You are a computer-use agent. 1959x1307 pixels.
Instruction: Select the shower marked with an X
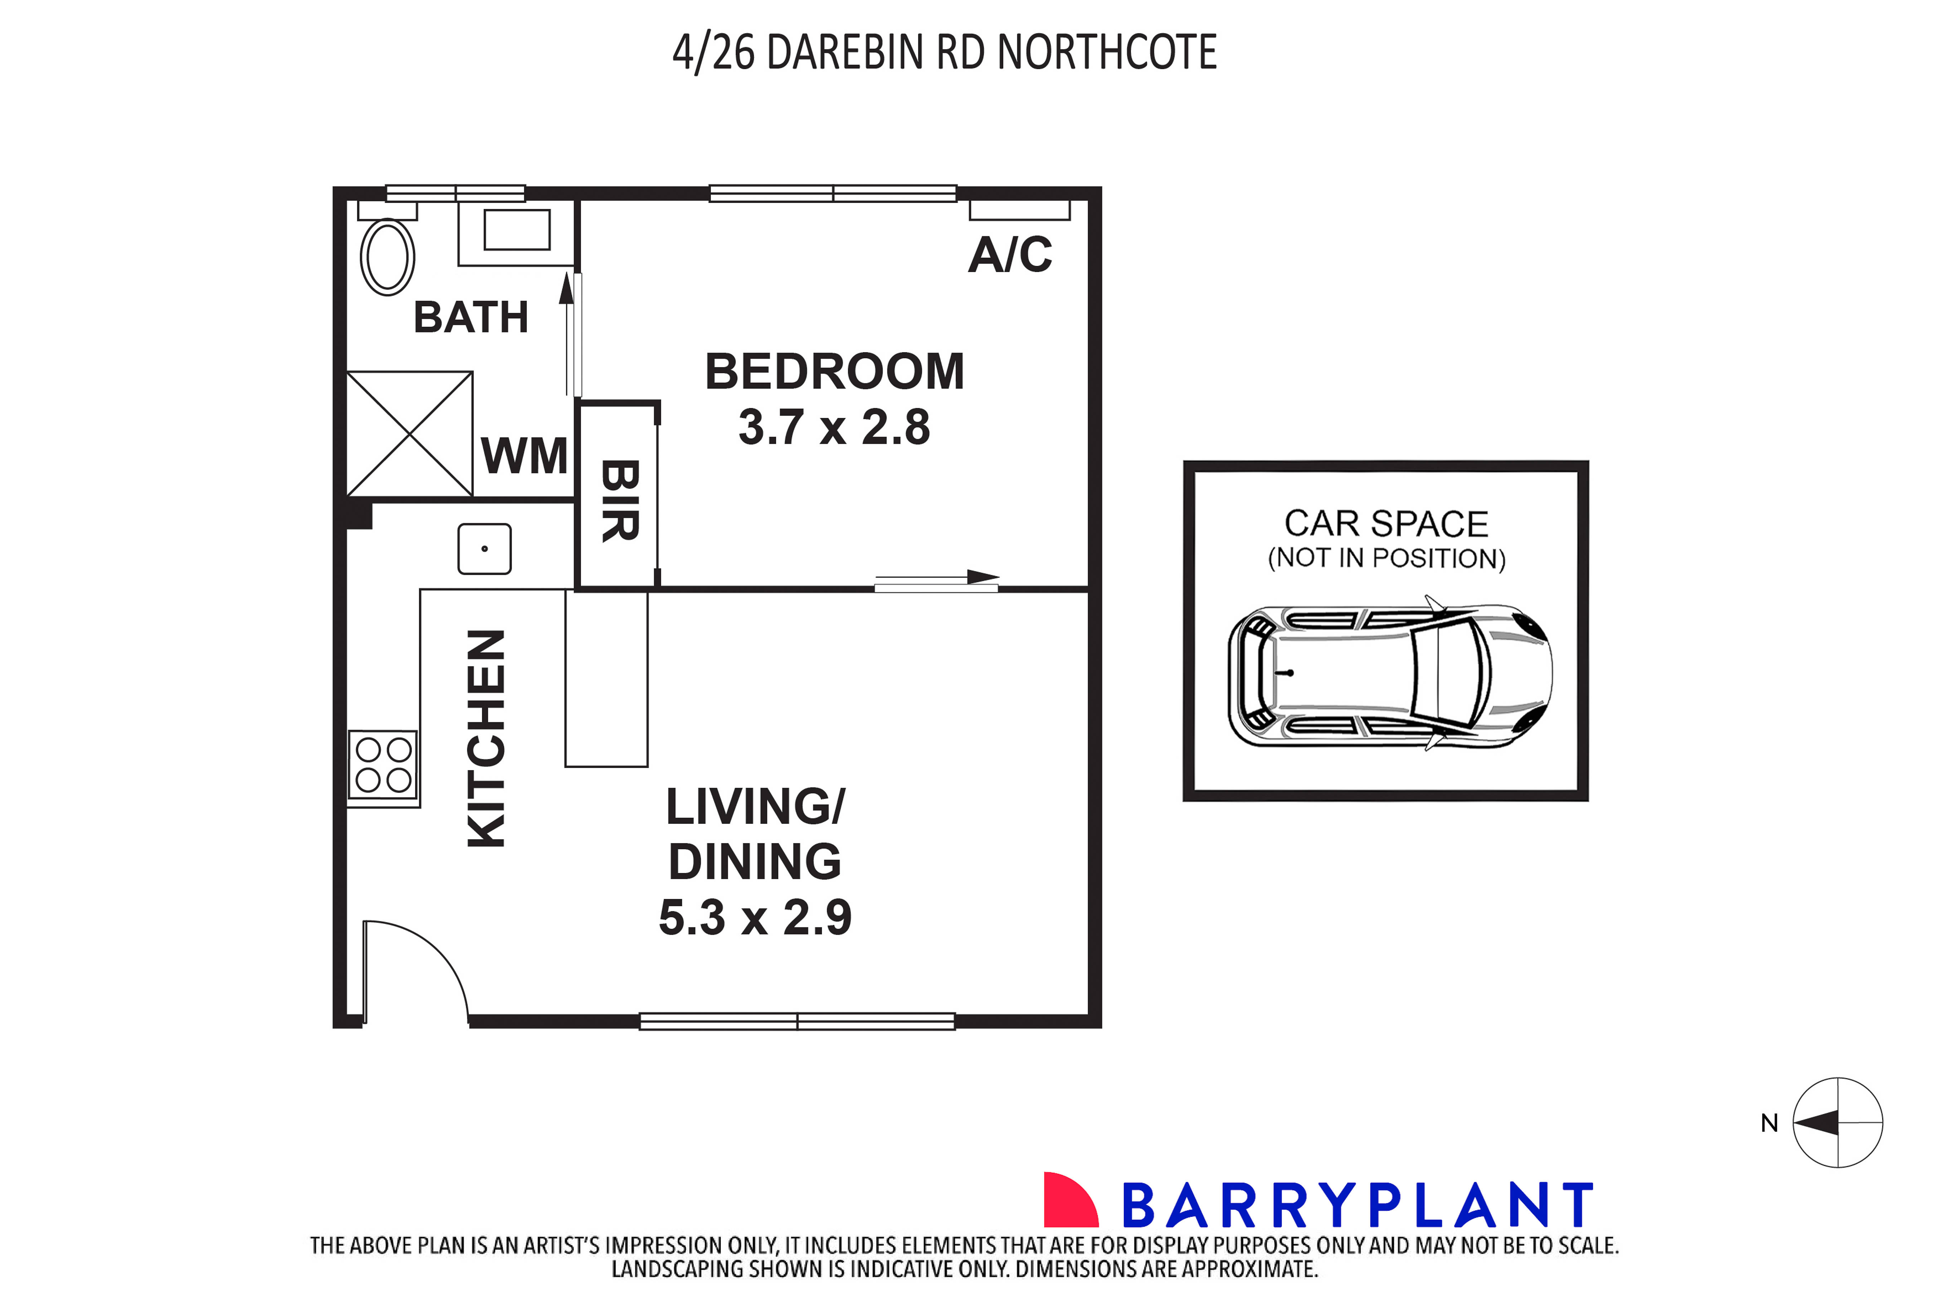tap(409, 433)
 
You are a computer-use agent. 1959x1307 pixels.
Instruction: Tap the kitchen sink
tap(484, 549)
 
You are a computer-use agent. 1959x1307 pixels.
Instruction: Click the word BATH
tap(471, 317)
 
